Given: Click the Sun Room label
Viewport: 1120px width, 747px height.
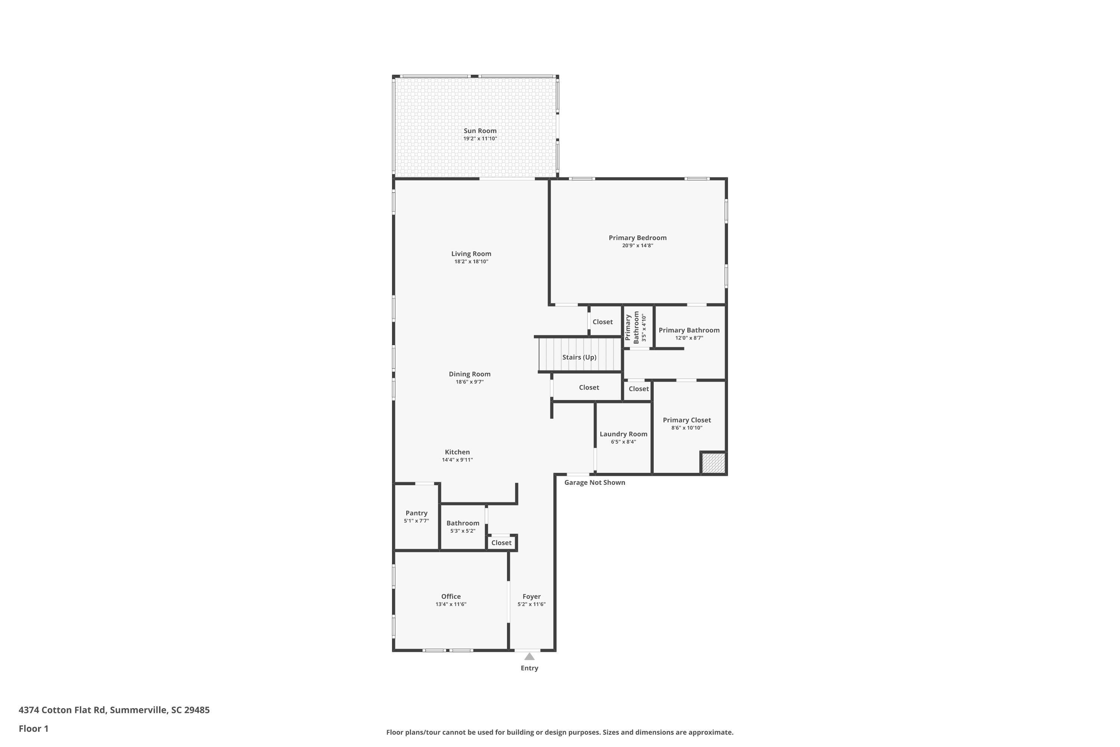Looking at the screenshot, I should click(480, 130).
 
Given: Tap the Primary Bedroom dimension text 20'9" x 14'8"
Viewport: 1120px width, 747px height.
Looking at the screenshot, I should click(637, 246).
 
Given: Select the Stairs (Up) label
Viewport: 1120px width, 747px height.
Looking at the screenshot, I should click(579, 357).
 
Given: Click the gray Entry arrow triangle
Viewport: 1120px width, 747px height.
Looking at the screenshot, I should click(529, 657).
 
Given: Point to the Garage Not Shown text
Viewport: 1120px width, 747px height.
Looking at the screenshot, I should click(594, 483).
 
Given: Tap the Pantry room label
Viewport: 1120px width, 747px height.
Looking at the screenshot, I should click(416, 513).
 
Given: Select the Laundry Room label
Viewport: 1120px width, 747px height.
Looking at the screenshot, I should click(623, 434).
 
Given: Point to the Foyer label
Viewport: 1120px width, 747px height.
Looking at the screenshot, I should click(531, 596).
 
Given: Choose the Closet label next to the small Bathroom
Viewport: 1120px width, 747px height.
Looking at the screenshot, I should click(501, 543).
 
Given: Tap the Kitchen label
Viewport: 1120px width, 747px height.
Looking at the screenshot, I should click(457, 452).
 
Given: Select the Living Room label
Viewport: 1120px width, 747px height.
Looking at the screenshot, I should click(471, 254).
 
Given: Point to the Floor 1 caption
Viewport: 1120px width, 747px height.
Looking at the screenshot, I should click(33, 728).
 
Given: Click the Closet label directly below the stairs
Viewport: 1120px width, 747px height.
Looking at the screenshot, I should click(589, 387).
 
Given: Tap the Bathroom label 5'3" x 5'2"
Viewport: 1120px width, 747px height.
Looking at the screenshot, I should click(463, 523).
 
